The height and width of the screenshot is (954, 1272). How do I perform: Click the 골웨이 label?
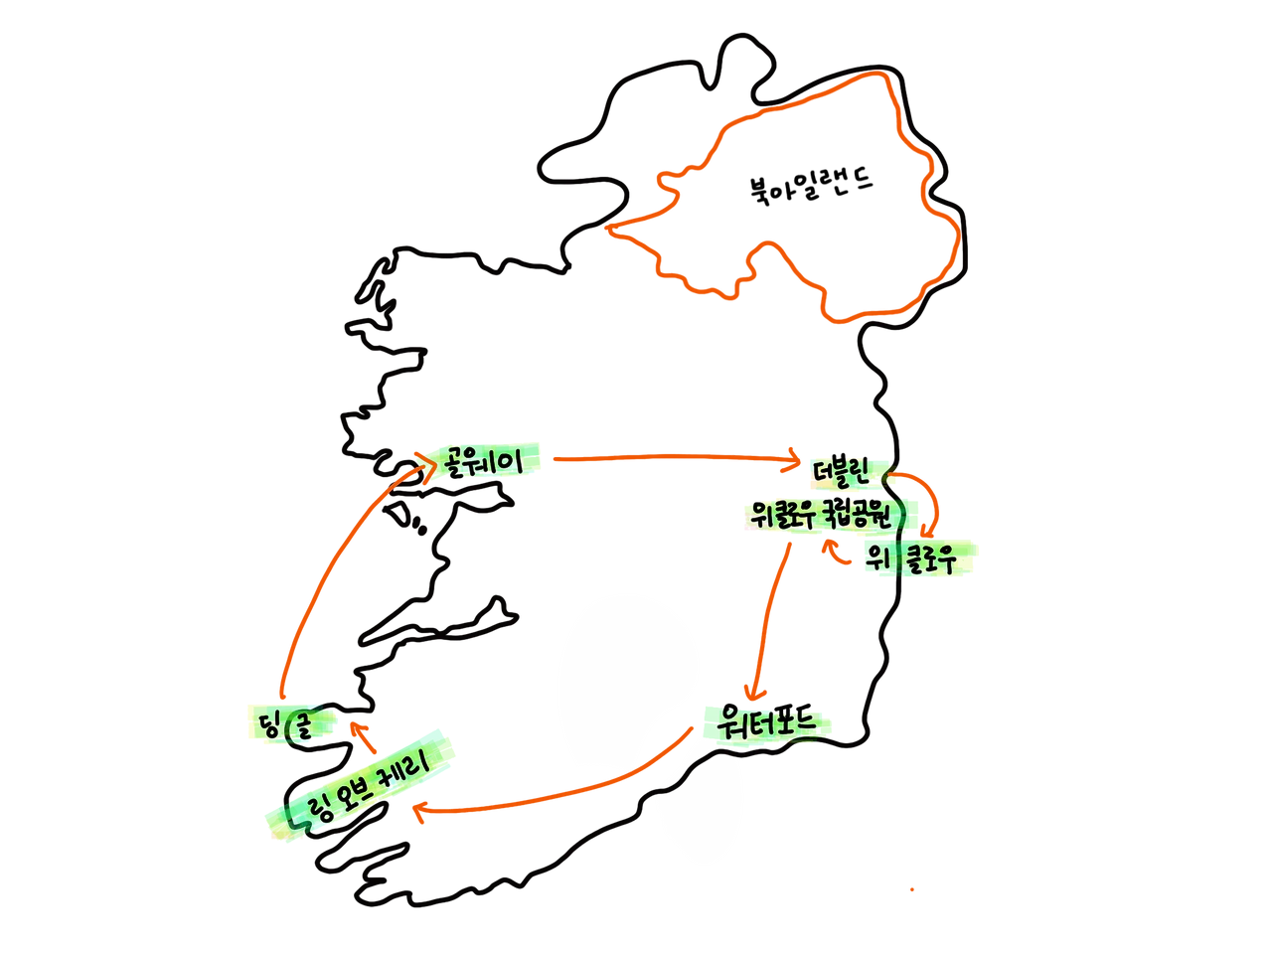(484, 461)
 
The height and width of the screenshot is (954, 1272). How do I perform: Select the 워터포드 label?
(765, 722)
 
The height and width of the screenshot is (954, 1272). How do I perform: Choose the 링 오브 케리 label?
(363, 788)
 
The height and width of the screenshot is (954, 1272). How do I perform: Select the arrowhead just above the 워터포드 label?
(755, 689)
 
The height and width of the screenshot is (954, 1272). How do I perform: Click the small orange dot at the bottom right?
(913, 890)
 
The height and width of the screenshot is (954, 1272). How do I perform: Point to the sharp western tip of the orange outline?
(608, 232)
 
